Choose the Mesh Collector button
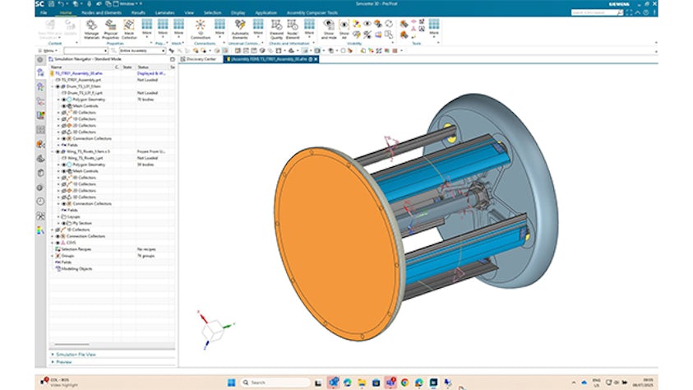pos(129,30)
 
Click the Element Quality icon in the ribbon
pos(277,30)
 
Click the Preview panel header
pos(64,361)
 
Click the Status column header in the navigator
pos(144,67)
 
